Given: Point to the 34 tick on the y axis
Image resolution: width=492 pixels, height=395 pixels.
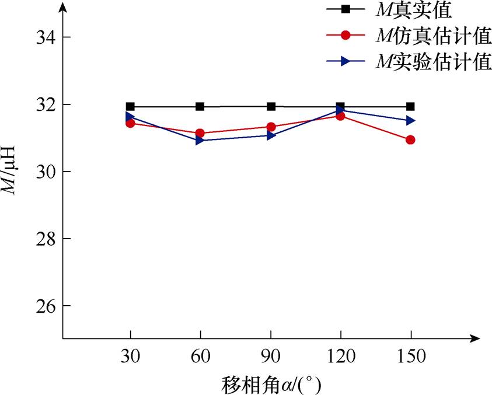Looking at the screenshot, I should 41,37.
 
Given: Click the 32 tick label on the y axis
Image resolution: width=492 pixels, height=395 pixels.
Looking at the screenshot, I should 41,104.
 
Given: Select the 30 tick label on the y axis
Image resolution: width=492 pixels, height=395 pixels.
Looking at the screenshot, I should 41,172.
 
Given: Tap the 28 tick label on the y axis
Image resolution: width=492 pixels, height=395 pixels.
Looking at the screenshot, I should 41,239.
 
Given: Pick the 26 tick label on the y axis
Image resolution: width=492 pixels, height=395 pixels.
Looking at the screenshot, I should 41,306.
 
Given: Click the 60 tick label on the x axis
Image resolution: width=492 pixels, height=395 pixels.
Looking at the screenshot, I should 200,356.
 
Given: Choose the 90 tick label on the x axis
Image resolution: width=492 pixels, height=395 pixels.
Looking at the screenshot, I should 271,356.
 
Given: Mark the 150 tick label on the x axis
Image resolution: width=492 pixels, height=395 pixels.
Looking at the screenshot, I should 411,356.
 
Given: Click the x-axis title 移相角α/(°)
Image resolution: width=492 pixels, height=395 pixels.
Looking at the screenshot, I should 271,385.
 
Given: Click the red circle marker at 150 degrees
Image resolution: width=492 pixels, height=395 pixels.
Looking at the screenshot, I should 410,139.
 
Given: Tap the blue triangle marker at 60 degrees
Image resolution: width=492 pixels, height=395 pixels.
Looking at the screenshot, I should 200,141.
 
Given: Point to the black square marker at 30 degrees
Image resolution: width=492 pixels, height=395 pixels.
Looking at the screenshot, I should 130,106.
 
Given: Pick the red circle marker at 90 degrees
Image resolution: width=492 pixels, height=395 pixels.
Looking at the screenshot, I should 271,127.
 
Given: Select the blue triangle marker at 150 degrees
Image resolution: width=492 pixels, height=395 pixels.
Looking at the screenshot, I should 411,120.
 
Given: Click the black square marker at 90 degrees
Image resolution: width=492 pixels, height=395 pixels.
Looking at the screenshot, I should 271,106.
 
